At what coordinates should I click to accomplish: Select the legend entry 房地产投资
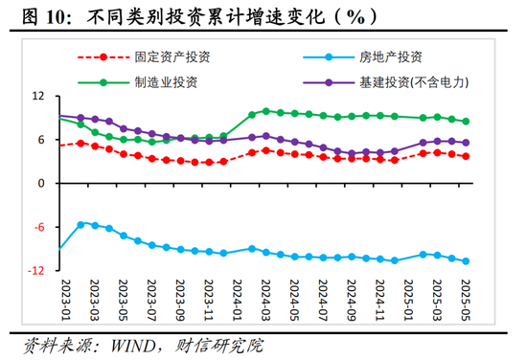tap(397, 56)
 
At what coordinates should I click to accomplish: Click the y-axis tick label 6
tap(42, 140)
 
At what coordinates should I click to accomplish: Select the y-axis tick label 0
tap(42, 184)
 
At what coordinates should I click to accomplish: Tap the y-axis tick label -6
tap(39, 227)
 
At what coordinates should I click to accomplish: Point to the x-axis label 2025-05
tap(466, 304)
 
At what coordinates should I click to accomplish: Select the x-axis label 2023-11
tap(209, 304)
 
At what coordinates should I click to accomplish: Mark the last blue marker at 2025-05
tap(466, 260)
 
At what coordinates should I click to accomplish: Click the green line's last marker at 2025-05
tap(466, 122)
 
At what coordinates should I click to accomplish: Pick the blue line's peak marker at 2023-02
tap(80, 223)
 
